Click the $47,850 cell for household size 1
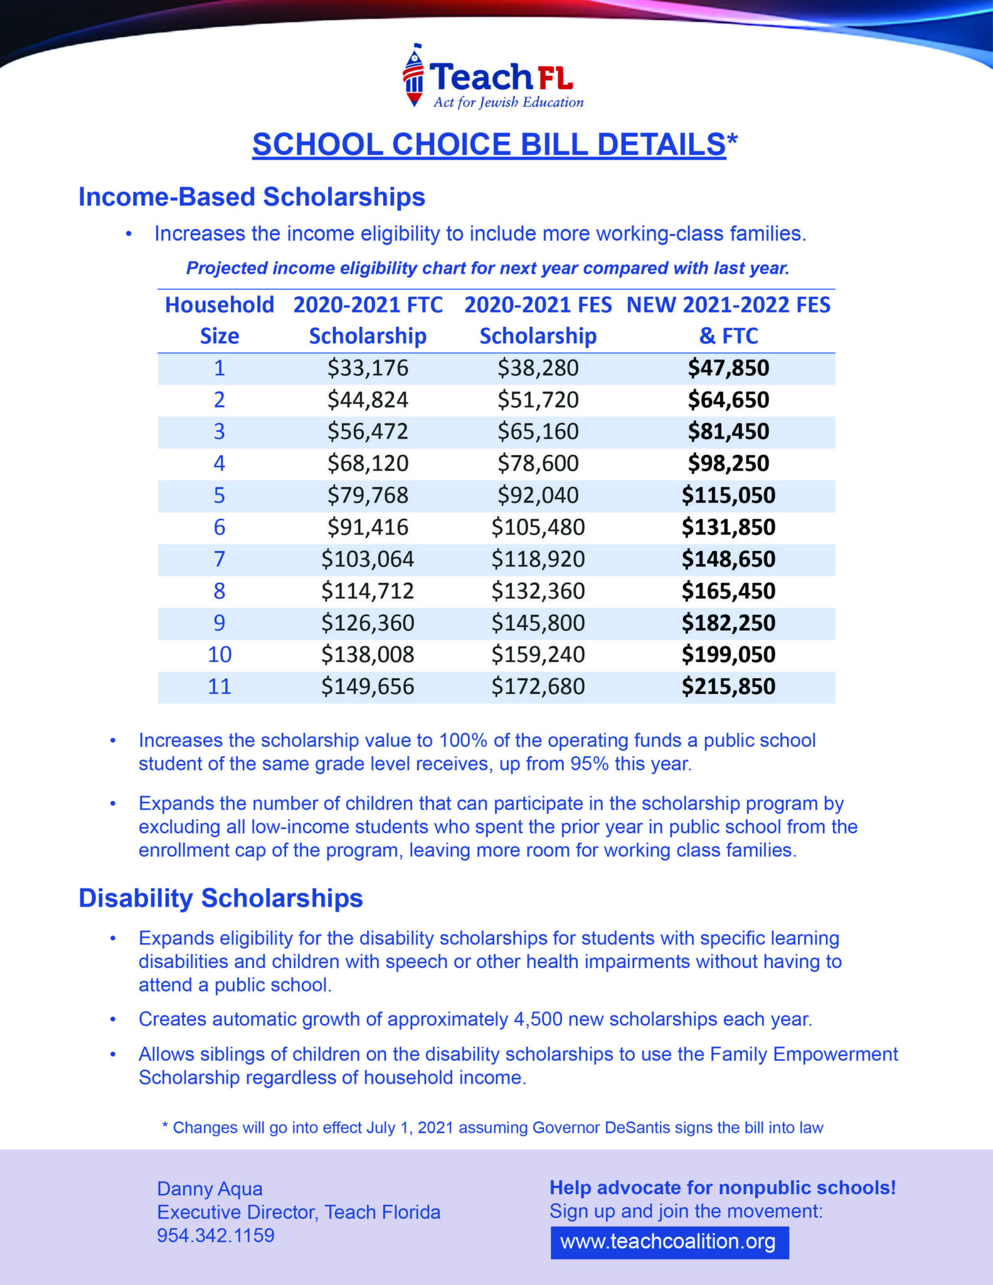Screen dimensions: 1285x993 tap(728, 368)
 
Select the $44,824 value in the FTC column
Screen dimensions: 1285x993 tap(368, 400)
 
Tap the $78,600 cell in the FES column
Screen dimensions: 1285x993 tap(538, 463)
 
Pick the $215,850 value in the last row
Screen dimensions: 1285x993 tap(728, 686)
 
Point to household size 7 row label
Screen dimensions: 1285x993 tap(219, 558)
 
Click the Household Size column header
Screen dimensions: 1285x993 tap(219, 320)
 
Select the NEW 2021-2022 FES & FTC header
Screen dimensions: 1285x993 tap(728, 320)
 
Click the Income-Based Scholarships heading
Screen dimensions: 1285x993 tap(252, 197)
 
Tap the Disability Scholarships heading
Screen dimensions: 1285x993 tap(221, 898)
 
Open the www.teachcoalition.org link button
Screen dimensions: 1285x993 tap(669, 1242)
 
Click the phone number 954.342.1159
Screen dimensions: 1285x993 tap(216, 1235)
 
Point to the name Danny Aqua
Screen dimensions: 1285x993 tap(210, 1188)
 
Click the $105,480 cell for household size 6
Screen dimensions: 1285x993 tap(538, 527)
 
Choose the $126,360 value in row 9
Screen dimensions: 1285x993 tap(368, 622)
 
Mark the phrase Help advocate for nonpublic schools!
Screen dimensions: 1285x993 tap(723, 1188)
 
